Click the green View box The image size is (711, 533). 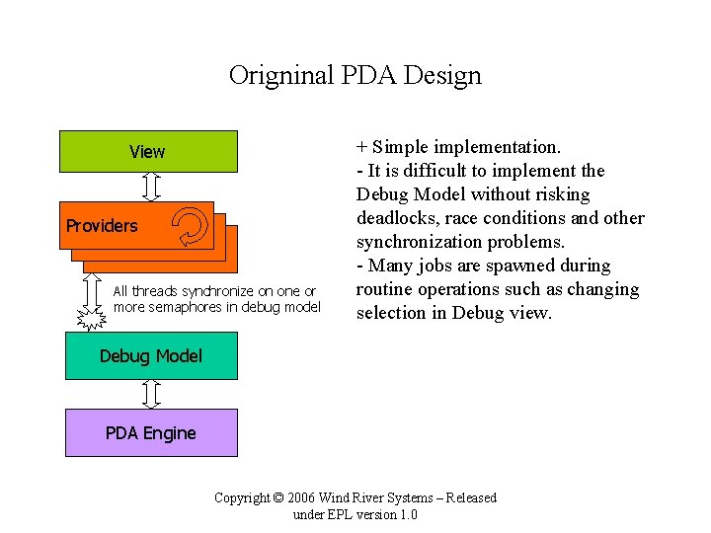[148, 152]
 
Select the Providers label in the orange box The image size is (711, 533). [102, 226]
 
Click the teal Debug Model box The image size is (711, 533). [151, 356]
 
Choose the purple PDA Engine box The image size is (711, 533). [151, 433]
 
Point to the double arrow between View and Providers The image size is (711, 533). [151, 186]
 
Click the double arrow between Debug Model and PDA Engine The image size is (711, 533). [151, 395]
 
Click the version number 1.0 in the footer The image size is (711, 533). [407, 515]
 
